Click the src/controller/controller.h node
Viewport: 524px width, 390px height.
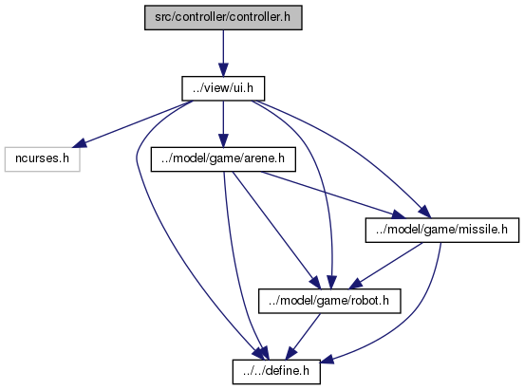(x=223, y=17)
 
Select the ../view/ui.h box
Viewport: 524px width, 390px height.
(x=223, y=88)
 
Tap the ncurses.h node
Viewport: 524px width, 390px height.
(x=43, y=159)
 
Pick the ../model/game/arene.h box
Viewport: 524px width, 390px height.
(x=223, y=159)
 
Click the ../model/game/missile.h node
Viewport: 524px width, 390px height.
(x=442, y=231)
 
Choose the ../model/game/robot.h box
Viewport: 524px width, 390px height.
(x=329, y=301)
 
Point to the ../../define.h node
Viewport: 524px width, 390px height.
(x=276, y=372)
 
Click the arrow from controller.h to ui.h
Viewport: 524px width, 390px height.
(x=223, y=53)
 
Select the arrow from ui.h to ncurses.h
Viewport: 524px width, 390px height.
(x=133, y=124)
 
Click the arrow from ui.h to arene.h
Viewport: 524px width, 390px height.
(x=223, y=123)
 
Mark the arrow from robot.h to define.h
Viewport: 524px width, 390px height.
(x=303, y=337)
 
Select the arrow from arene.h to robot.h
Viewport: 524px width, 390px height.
(x=276, y=230)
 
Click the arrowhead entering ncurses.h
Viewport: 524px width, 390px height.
(x=80, y=143)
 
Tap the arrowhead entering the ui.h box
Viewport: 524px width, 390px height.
(x=223, y=70)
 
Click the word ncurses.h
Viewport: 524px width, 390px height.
(x=43, y=158)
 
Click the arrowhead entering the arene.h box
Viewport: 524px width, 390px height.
(x=223, y=140)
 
